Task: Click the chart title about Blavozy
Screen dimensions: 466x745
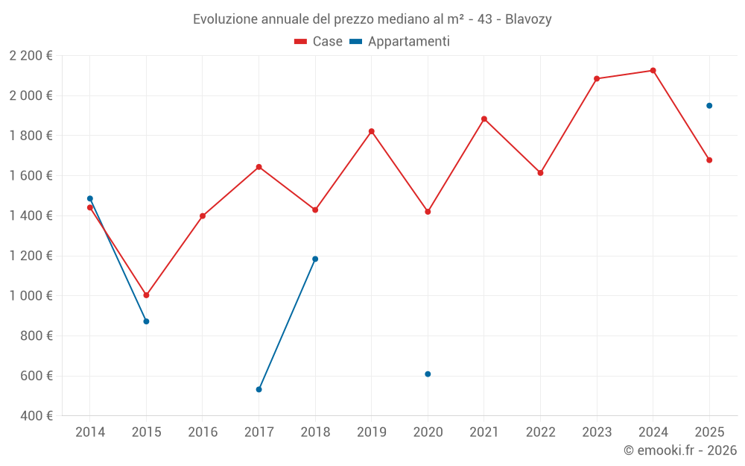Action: [x=372, y=19]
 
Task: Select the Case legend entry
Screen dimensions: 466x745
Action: [x=318, y=42]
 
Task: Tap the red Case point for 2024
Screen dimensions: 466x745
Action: [x=653, y=71]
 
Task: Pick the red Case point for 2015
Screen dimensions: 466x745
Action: [x=146, y=295]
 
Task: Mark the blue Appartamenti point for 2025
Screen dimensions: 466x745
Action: [x=709, y=106]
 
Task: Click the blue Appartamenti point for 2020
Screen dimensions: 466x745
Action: [x=428, y=374]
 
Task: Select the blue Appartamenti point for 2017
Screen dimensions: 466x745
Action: [x=259, y=389]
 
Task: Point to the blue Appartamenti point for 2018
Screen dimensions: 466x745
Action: [x=315, y=259]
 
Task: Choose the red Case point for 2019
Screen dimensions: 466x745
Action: [x=372, y=131]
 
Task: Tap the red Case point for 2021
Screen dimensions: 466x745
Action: [x=484, y=119]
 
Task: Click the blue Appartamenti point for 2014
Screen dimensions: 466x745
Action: [x=90, y=198]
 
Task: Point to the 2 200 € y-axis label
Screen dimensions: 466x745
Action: [x=31, y=56]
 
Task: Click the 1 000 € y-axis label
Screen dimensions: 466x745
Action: [x=31, y=296]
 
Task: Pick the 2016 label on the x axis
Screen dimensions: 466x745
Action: [x=203, y=432]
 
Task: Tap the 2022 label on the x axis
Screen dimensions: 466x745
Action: [x=540, y=432]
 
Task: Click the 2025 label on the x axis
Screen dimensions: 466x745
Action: [x=709, y=432]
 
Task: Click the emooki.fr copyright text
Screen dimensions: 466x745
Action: [x=680, y=450]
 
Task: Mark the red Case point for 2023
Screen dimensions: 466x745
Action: [x=597, y=78]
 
